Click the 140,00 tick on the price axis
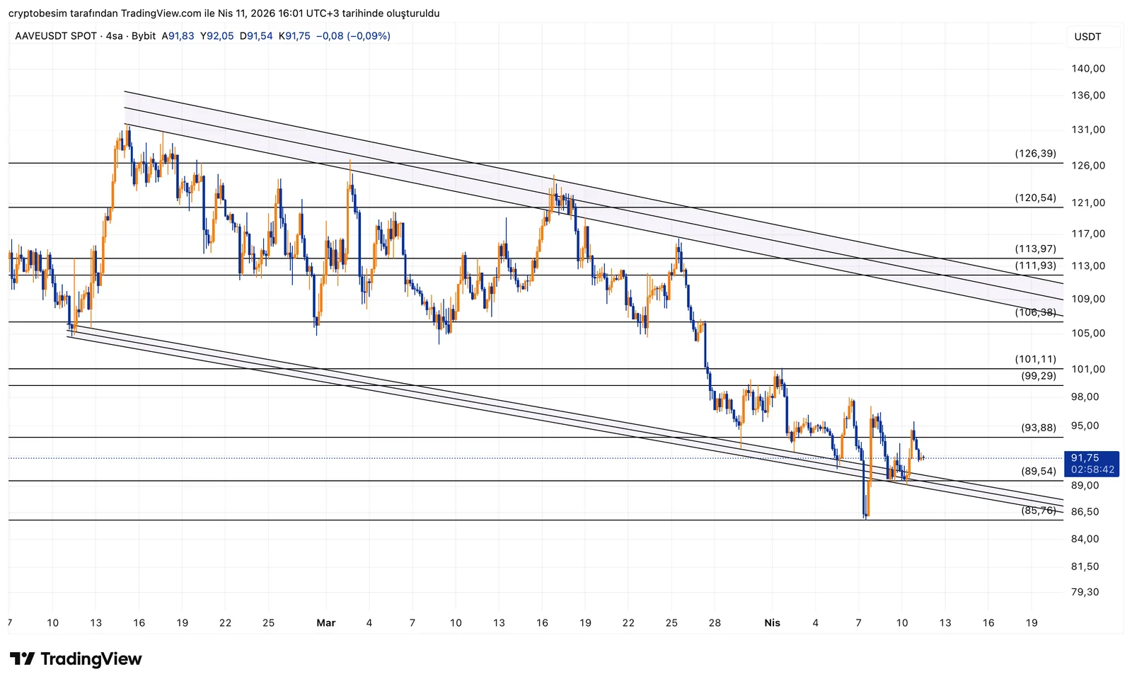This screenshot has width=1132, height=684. (1088, 69)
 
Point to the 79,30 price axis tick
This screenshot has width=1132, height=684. (1085, 592)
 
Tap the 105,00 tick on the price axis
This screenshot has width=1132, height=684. (1088, 334)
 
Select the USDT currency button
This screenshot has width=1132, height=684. (1087, 37)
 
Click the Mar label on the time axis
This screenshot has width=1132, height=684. (325, 623)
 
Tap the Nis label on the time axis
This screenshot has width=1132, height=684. (772, 623)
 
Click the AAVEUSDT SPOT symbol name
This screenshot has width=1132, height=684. (56, 36)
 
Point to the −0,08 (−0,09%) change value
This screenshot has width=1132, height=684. (353, 36)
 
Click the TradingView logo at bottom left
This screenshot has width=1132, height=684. (76, 659)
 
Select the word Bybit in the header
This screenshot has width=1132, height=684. (144, 36)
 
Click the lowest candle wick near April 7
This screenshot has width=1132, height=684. (865, 517)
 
